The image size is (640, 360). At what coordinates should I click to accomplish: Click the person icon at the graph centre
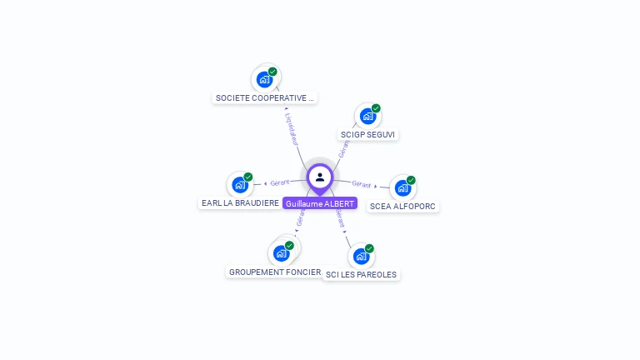click(x=320, y=177)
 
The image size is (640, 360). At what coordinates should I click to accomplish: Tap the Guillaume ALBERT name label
click(x=320, y=203)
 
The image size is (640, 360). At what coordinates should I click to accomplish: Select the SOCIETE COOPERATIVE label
click(x=265, y=98)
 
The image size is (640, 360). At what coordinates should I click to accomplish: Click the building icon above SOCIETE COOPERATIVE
click(x=265, y=79)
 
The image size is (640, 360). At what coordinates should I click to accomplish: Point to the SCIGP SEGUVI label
click(x=367, y=135)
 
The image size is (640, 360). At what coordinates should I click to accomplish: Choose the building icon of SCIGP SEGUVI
click(x=367, y=117)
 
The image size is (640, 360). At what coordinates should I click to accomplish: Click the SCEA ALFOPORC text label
click(x=402, y=207)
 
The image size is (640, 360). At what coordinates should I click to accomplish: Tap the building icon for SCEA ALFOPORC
click(x=403, y=188)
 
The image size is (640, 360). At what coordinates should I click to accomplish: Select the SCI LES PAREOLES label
click(x=361, y=275)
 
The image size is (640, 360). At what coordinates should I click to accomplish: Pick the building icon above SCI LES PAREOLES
click(x=361, y=256)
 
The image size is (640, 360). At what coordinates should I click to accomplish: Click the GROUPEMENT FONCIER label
click(x=274, y=272)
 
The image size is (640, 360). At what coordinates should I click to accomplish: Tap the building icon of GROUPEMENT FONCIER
click(x=282, y=252)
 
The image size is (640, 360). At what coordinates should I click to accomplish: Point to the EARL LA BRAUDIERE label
click(x=240, y=203)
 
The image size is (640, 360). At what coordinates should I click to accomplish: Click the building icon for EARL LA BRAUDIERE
click(x=240, y=184)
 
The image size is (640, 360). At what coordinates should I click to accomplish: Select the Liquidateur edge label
click(x=292, y=129)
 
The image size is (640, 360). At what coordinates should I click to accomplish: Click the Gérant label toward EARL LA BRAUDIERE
click(x=280, y=182)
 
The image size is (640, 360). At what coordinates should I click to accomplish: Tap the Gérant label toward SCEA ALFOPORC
click(x=361, y=184)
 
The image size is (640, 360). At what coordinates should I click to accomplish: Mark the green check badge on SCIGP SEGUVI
click(x=376, y=108)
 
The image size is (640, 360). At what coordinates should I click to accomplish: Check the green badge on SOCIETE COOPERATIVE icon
click(x=272, y=72)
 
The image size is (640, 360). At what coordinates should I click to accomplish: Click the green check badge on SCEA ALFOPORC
click(x=411, y=180)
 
